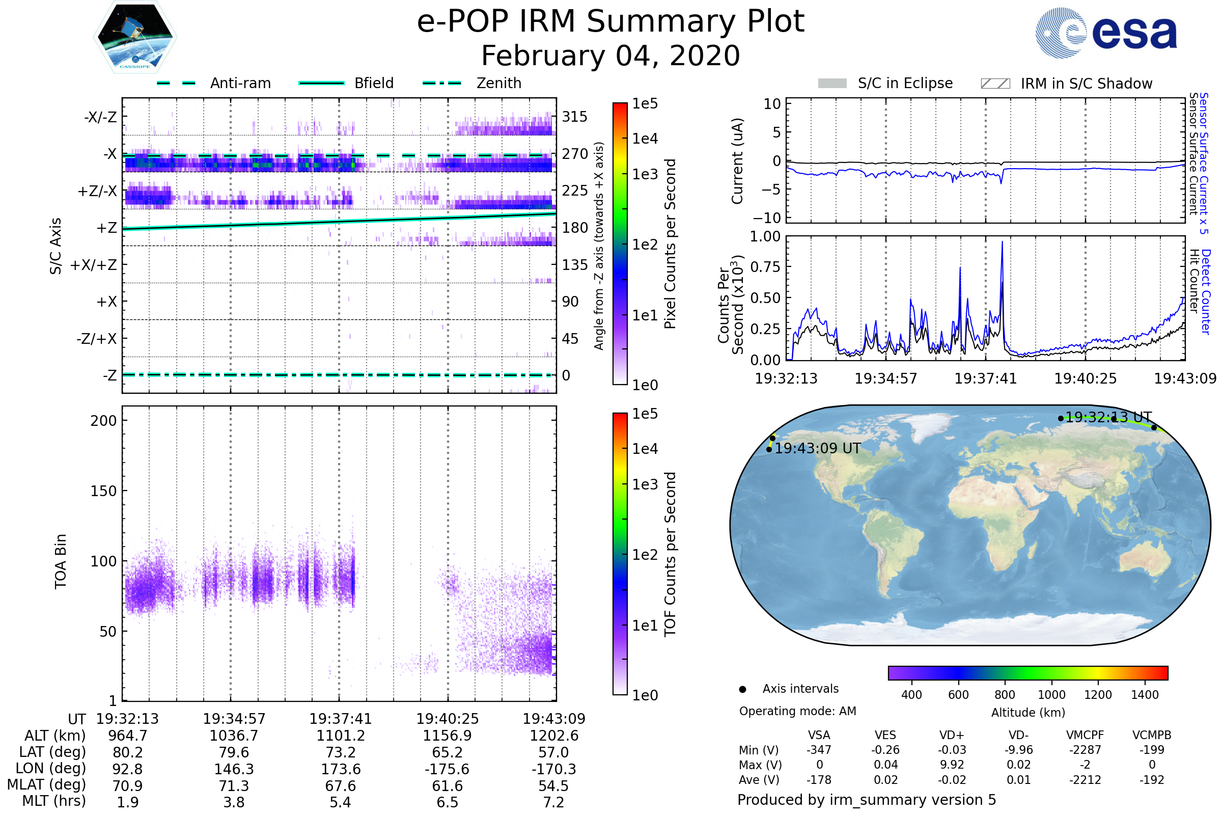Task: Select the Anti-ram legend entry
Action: pos(240,83)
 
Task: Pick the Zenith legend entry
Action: pos(498,83)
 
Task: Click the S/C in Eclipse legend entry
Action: pos(905,83)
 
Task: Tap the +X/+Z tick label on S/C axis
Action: pos(94,265)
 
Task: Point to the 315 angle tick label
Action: pos(575,117)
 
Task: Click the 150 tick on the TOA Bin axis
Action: pos(103,491)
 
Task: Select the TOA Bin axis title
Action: pos(61,561)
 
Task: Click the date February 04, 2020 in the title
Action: pos(610,56)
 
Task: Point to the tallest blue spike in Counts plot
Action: pos(1002,242)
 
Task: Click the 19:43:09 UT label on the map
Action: pos(817,448)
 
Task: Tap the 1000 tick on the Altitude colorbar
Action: pos(1051,695)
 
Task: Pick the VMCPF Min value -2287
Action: pos(1085,750)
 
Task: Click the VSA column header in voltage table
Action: pos(819,735)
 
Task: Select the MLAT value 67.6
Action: pos(340,786)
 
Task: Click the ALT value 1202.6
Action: pos(554,736)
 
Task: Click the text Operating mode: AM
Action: pos(797,711)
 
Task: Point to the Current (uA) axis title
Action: pos(737,161)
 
